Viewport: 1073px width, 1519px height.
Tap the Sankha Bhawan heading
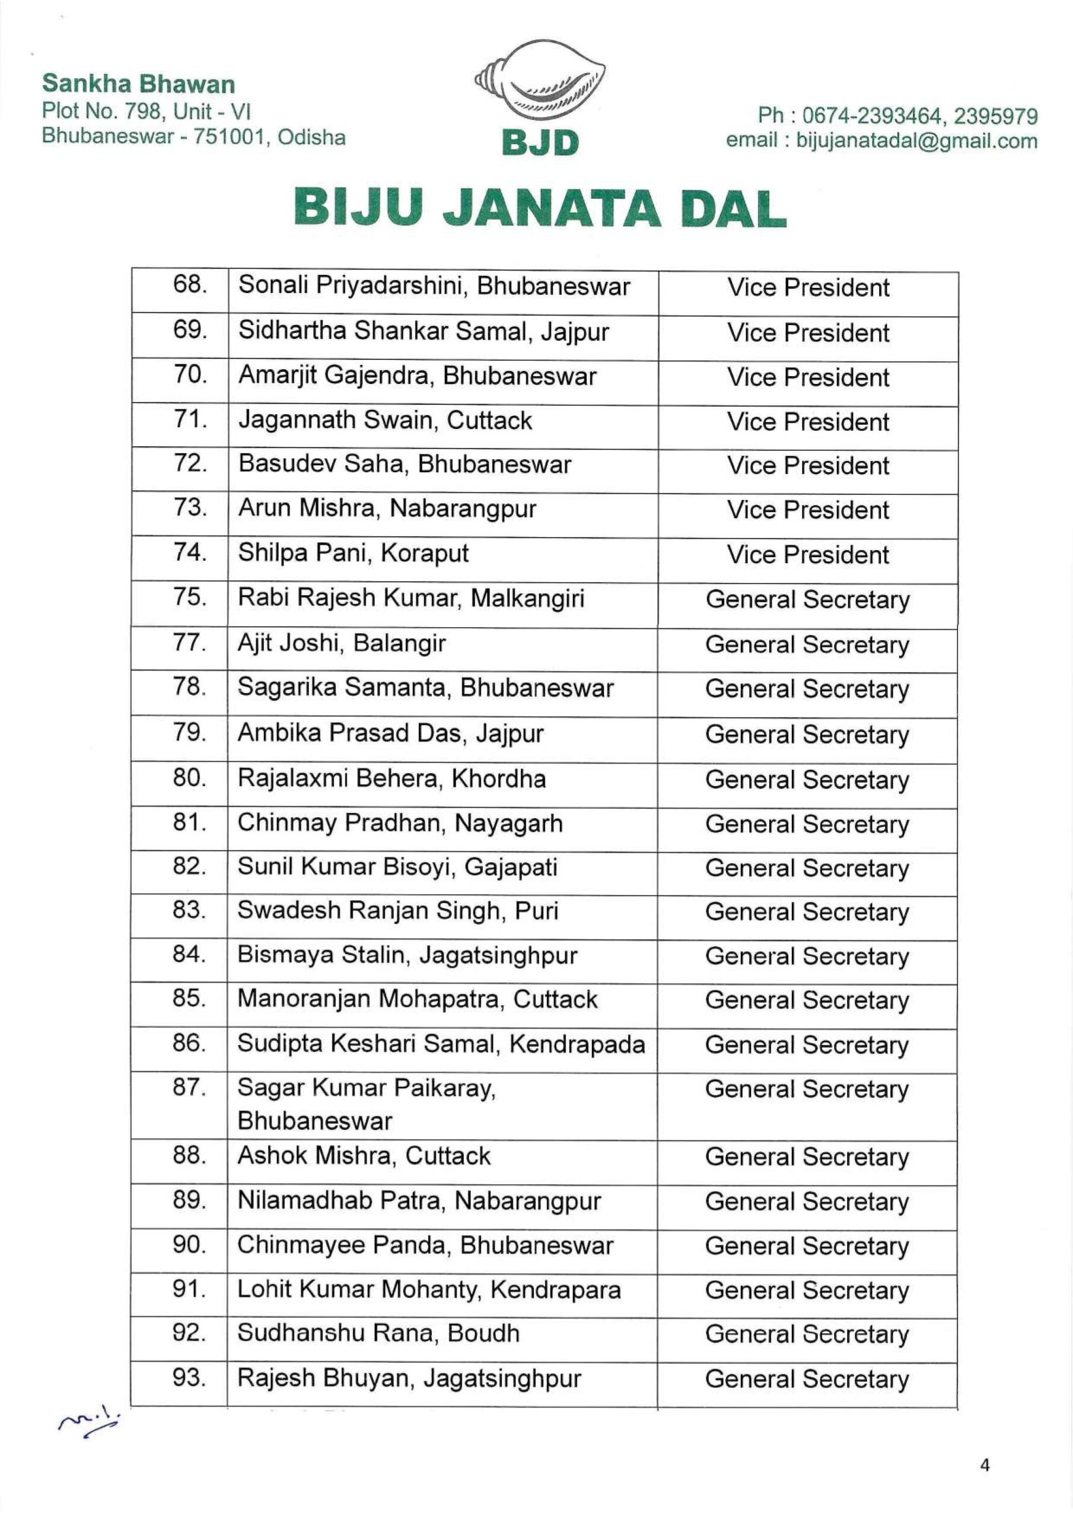click(x=138, y=84)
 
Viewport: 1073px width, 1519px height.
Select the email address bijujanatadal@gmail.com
click(x=917, y=140)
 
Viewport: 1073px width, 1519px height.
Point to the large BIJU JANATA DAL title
click(x=540, y=208)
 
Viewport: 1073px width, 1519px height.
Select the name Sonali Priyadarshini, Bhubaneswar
click(x=434, y=286)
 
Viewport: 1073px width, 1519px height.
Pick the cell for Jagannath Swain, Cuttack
click(x=385, y=421)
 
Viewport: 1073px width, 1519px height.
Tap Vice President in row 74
click(x=808, y=554)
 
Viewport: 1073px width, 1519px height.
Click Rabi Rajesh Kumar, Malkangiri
click(x=411, y=598)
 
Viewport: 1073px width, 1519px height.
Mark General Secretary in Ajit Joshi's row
click(x=807, y=644)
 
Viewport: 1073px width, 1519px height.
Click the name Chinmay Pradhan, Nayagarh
click(x=400, y=824)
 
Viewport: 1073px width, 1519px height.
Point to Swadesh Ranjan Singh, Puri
click(x=397, y=911)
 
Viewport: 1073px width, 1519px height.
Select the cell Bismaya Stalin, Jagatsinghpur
click(x=407, y=955)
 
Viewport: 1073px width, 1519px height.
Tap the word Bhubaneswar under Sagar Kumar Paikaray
click(x=314, y=1121)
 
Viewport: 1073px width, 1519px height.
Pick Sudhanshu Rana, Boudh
click(x=378, y=1334)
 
